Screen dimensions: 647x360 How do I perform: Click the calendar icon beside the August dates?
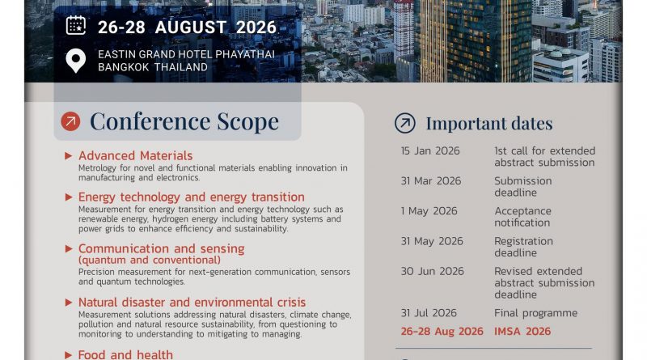tap(76, 26)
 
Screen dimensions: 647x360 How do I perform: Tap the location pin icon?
tap(76, 61)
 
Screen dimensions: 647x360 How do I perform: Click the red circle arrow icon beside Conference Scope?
tap(70, 121)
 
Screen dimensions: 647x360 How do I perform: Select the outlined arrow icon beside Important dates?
tap(405, 123)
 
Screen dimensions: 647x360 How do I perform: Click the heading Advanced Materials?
tap(135, 155)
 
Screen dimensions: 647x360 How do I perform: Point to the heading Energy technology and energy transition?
tap(192, 197)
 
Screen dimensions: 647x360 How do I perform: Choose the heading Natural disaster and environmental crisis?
tap(192, 303)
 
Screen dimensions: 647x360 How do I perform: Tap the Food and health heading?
tap(125, 354)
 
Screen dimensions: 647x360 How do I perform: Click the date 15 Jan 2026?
tap(430, 150)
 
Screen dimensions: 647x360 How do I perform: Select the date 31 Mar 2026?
tap(431, 181)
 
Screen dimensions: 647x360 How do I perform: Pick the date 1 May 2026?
tap(429, 211)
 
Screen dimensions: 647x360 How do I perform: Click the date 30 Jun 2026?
tap(433, 271)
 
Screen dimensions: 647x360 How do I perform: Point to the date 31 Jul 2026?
tap(429, 313)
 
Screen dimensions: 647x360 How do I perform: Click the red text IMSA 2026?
tap(522, 331)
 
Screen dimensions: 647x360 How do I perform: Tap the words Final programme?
tap(535, 313)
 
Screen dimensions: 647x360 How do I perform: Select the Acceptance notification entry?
tap(522, 217)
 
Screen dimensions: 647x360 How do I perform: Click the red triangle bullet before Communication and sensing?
tap(69, 248)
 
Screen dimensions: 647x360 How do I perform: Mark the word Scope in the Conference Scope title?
tap(248, 122)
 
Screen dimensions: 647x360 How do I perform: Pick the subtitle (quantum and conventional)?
tap(150, 260)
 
